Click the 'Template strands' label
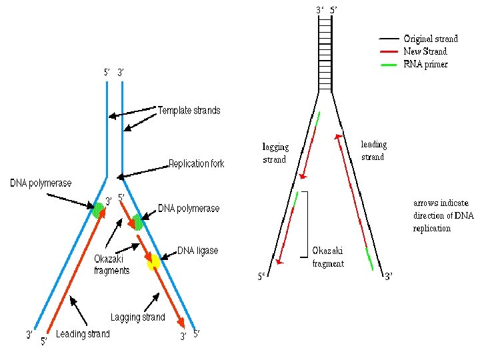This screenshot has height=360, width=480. (189, 110)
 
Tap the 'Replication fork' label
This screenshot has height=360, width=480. (197, 163)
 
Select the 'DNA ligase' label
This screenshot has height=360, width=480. (197, 251)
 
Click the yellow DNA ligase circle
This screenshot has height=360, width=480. (154, 262)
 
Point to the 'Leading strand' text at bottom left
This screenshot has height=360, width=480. (83, 334)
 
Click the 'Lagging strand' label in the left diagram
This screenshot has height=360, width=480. (137, 317)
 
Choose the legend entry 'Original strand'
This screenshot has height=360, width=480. (431, 39)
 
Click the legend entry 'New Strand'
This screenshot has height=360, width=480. (425, 51)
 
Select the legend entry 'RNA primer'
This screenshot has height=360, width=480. (425, 64)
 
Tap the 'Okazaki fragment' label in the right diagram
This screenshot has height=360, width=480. (328, 257)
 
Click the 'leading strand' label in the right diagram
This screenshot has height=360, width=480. (373, 150)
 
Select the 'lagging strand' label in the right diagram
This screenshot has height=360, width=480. (275, 153)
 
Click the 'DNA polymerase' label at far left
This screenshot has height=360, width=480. (41, 183)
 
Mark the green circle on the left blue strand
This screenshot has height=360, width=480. (99, 210)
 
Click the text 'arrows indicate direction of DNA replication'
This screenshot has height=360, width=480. (441, 215)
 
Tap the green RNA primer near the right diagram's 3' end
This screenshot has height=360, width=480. (369, 259)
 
